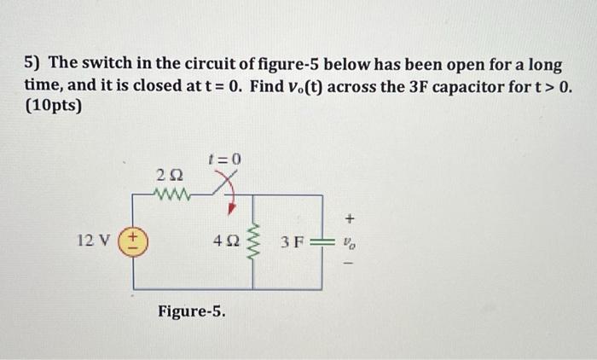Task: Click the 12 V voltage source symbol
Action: coord(132,241)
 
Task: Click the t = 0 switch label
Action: coord(225,160)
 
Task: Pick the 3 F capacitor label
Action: coord(292,242)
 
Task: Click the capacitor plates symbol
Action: coord(322,242)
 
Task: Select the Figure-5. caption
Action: coord(192,311)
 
